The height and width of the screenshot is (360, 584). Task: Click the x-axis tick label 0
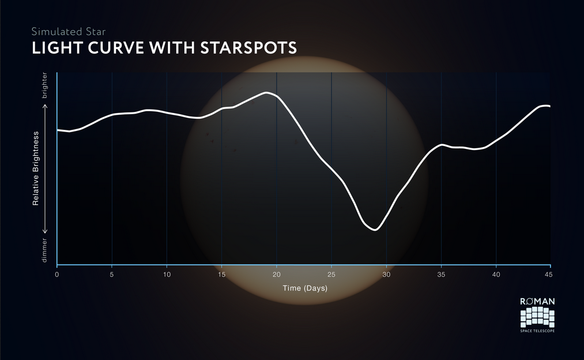point(56,275)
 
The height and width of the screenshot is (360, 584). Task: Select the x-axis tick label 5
point(112,275)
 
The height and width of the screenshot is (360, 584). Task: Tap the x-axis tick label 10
point(167,275)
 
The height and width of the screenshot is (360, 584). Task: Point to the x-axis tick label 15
point(221,275)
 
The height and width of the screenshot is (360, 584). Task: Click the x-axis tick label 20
point(276,275)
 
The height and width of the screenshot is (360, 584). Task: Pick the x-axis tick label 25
point(331,275)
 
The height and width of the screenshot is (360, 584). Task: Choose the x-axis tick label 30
point(387,275)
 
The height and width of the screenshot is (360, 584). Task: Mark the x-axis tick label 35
point(442,275)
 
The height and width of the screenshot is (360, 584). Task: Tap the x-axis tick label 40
point(496,275)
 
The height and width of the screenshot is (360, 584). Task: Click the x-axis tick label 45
point(549,275)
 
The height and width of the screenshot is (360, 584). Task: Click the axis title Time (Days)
point(305,288)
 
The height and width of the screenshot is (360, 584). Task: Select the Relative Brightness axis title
point(36,168)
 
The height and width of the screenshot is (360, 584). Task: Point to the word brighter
point(45,85)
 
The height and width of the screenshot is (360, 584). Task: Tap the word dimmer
point(45,250)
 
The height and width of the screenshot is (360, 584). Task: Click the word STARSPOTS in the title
point(248,48)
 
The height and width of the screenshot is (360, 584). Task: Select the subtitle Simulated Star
point(69,32)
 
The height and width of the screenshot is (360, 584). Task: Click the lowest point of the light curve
point(375,230)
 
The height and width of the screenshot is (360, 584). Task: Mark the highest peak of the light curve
point(266,92)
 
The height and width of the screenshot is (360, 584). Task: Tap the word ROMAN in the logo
point(537,302)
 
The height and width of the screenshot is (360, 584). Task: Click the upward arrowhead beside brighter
point(46,107)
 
